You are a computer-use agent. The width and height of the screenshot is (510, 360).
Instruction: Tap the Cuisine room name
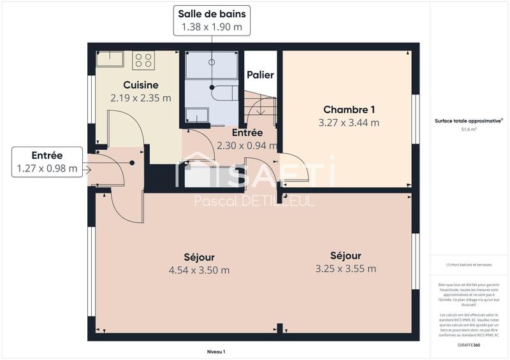[141, 85]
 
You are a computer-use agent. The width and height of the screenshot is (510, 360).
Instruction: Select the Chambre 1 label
[349, 109]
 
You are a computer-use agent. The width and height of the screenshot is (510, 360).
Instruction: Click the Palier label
[260, 75]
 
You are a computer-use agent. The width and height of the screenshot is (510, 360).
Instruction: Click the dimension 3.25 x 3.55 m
[346, 268]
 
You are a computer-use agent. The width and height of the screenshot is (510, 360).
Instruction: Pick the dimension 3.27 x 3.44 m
[349, 122]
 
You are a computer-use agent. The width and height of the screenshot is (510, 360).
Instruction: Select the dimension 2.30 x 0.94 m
[247, 145]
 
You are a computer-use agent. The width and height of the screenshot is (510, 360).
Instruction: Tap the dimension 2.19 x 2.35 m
[141, 98]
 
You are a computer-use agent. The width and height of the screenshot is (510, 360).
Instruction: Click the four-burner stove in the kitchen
[143, 60]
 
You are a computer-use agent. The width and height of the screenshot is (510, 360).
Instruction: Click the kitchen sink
[110, 59]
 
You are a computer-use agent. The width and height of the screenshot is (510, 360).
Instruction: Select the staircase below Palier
[260, 105]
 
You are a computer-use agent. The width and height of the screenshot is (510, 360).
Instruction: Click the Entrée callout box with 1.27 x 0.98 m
[47, 162]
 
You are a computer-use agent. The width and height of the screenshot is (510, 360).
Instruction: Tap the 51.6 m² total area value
[469, 129]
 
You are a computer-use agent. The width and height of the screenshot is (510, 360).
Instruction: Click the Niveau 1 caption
[216, 352]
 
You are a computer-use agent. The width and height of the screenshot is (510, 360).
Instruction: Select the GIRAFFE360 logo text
[469, 345]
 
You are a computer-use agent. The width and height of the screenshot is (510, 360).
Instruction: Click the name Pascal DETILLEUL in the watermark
[254, 202]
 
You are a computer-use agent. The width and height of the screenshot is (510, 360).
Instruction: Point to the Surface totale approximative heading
[469, 120]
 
